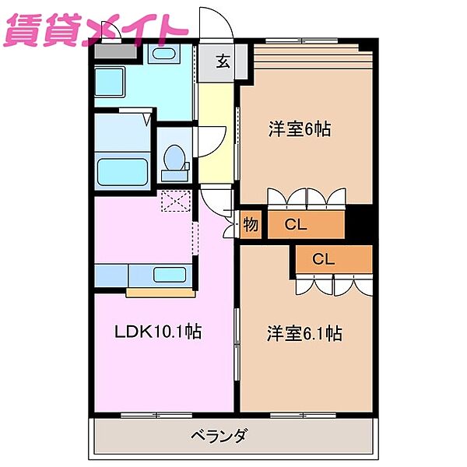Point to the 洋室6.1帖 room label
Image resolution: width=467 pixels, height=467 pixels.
(x=304, y=334)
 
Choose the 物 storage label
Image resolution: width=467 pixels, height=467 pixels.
(x=250, y=226)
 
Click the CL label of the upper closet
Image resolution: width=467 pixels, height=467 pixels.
(x=295, y=226)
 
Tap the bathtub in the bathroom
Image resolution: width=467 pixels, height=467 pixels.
(x=121, y=170)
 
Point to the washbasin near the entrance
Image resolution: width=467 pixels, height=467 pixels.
(x=163, y=54)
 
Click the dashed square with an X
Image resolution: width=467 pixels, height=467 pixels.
(x=175, y=201)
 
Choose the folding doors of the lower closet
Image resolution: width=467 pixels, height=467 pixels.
(x=335, y=285)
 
